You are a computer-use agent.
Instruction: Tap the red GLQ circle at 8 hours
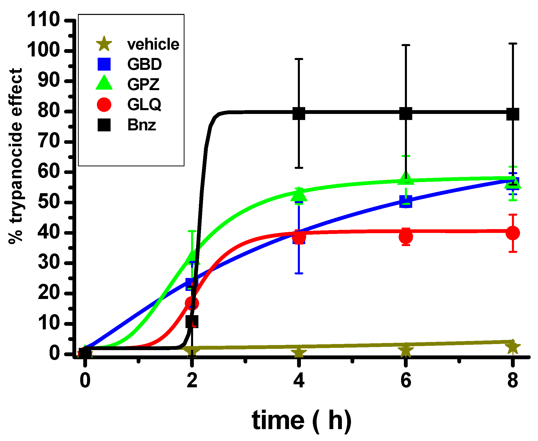pyautogui.click(x=512, y=233)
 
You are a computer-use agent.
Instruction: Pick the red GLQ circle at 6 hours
pyautogui.click(x=405, y=237)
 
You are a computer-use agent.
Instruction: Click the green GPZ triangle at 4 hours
pyautogui.click(x=299, y=195)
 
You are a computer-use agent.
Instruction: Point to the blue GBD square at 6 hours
pyautogui.click(x=405, y=202)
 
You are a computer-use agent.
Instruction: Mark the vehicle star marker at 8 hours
pyautogui.click(x=512, y=347)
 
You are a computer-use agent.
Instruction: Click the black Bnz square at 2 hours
pyautogui.click(x=192, y=321)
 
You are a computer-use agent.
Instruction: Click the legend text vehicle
pyautogui.click(x=153, y=45)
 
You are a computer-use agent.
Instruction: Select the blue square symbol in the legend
pyautogui.click(x=104, y=64)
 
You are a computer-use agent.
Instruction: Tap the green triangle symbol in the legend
pyautogui.click(x=104, y=83)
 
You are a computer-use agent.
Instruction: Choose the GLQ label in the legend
pyautogui.click(x=144, y=104)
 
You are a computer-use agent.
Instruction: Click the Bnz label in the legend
pyautogui.click(x=141, y=125)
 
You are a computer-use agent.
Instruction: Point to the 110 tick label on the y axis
pyautogui.click(x=44, y=19)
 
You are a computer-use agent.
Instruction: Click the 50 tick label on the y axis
pyautogui.click(x=49, y=202)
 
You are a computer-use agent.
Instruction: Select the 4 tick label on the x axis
pyautogui.click(x=299, y=380)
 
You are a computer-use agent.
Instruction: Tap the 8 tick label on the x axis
pyautogui.click(x=512, y=380)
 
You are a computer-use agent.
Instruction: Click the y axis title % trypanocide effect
pyautogui.click(x=16, y=156)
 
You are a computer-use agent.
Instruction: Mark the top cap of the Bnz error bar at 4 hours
pyautogui.click(x=299, y=59)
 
